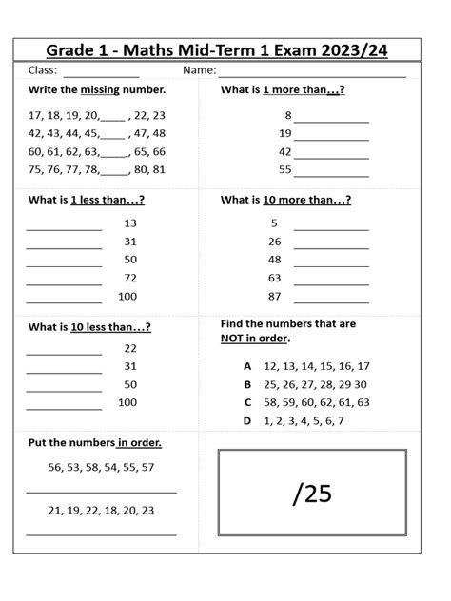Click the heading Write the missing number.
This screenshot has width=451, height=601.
(97, 90)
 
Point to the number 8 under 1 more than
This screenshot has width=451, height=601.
(287, 115)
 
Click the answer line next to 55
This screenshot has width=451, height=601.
(331, 175)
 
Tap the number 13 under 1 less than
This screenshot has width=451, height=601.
(130, 223)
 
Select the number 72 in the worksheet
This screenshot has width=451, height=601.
(130, 278)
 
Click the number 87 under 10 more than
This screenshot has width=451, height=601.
(275, 297)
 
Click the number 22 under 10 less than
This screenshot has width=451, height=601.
(130, 348)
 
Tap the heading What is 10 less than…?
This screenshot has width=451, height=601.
(89, 327)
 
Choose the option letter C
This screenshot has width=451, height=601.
(247, 402)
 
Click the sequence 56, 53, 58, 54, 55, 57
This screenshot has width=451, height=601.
(101, 467)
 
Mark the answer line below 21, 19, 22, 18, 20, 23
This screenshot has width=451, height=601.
(101, 534)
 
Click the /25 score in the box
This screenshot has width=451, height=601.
(312, 494)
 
